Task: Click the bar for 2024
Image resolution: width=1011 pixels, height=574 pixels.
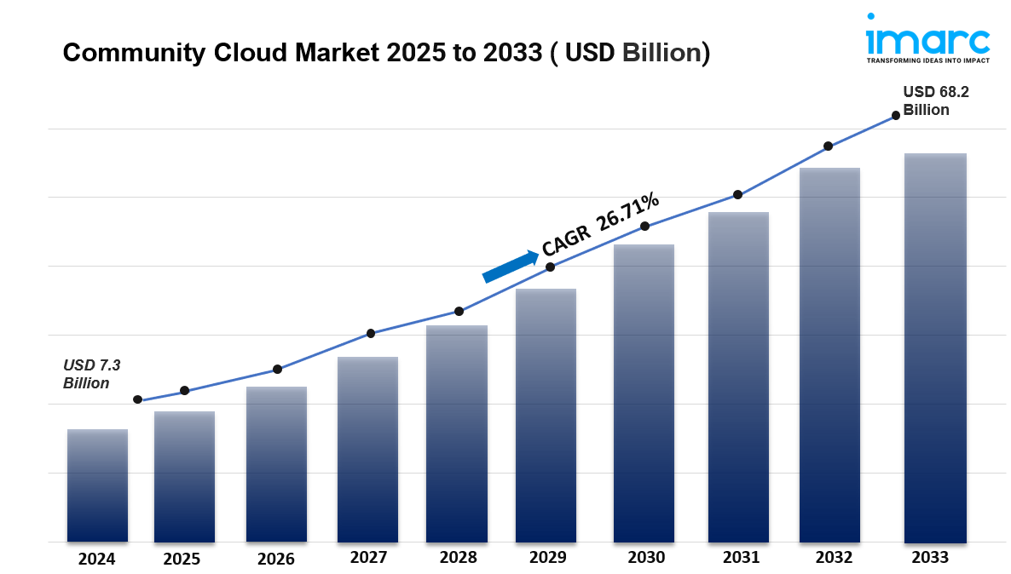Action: coord(97,485)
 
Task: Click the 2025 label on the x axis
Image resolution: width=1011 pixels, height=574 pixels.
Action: coord(181,559)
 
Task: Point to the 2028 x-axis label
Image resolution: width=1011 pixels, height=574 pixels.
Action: coord(458,558)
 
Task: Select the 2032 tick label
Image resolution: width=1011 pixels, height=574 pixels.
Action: coord(833,558)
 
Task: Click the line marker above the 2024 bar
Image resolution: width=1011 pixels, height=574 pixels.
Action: coord(137,399)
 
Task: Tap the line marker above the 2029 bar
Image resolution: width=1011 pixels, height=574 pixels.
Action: coord(550,267)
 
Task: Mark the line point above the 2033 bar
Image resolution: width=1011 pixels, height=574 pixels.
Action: coord(896,116)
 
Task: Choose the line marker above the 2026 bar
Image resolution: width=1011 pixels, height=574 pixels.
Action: coord(277,370)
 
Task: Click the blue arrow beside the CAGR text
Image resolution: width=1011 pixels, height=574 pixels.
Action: coord(510,266)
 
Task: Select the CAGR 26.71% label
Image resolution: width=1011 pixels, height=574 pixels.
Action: coord(600,224)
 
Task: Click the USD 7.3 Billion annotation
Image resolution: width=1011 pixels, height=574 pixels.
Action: coord(92,374)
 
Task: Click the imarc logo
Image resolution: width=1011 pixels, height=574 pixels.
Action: coord(927,38)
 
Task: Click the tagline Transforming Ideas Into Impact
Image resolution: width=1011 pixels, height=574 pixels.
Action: coord(927,61)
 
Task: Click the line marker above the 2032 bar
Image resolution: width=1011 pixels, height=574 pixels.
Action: coord(828,146)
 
